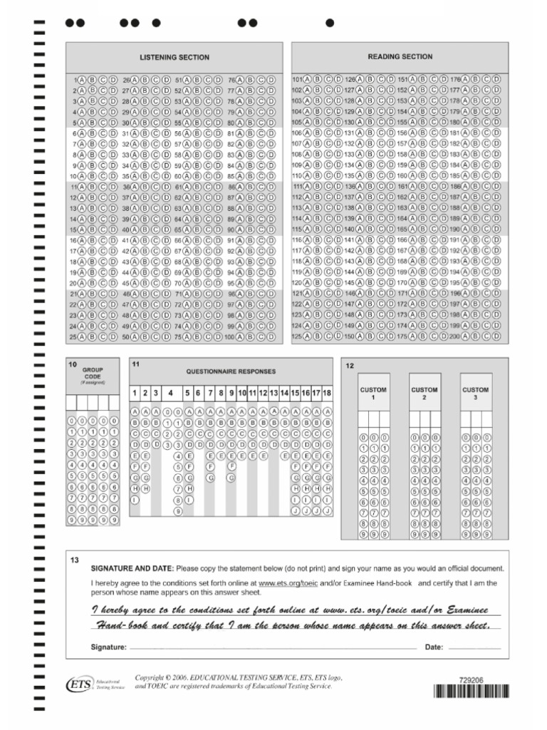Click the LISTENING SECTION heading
(x=174, y=57)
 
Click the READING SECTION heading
(x=400, y=56)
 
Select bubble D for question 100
(x=271, y=336)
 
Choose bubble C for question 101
(x=329, y=79)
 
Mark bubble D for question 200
(x=496, y=336)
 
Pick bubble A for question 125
(x=308, y=336)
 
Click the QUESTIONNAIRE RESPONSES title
(x=231, y=371)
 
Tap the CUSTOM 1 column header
(x=373, y=394)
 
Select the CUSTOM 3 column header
(x=476, y=394)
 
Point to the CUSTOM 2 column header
(x=424, y=394)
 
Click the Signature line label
(x=109, y=647)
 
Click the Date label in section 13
(x=434, y=647)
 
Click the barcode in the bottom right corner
(x=471, y=692)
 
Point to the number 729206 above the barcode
(x=472, y=680)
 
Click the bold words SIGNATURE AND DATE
(x=132, y=568)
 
